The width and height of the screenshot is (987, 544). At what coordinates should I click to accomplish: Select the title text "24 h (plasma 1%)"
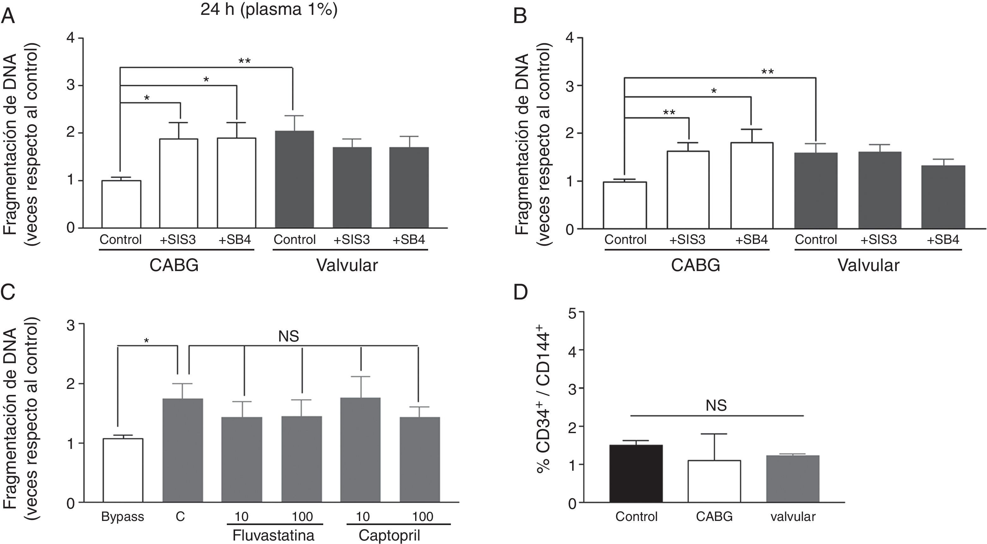tap(269, 9)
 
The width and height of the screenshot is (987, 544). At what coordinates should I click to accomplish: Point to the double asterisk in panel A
tap(245, 61)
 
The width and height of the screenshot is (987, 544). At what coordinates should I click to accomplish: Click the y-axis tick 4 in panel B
tap(570, 38)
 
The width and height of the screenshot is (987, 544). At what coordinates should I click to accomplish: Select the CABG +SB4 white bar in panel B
tap(752, 185)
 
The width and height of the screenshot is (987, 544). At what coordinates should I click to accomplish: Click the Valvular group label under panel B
tap(868, 265)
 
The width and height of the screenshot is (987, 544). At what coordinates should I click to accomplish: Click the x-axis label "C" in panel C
tap(180, 517)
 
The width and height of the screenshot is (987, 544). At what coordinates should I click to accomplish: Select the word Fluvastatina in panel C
tap(273, 535)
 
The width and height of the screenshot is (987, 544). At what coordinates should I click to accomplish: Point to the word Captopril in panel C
tap(389, 535)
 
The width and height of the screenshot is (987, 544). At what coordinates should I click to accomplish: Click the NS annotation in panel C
tap(288, 337)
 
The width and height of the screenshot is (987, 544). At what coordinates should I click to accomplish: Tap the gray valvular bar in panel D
tap(793, 479)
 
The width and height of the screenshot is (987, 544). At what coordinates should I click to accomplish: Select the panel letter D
tap(520, 292)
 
